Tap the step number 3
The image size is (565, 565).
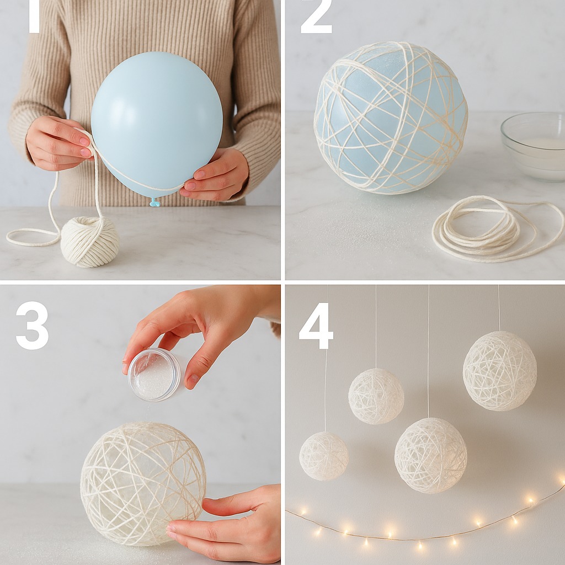(x=32, y=326)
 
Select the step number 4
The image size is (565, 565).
(x=316, y=326)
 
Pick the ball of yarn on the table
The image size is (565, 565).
(x=90, y=242)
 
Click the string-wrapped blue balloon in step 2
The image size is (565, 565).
(x=391, y=118)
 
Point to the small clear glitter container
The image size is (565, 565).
(x=154, y=374)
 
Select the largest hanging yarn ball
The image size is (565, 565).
(x=500, y=371)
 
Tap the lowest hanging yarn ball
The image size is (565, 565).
(x=430, y=455)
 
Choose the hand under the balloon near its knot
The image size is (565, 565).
(x=216, y=175)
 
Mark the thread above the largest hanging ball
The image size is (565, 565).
(x=499, y=308)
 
